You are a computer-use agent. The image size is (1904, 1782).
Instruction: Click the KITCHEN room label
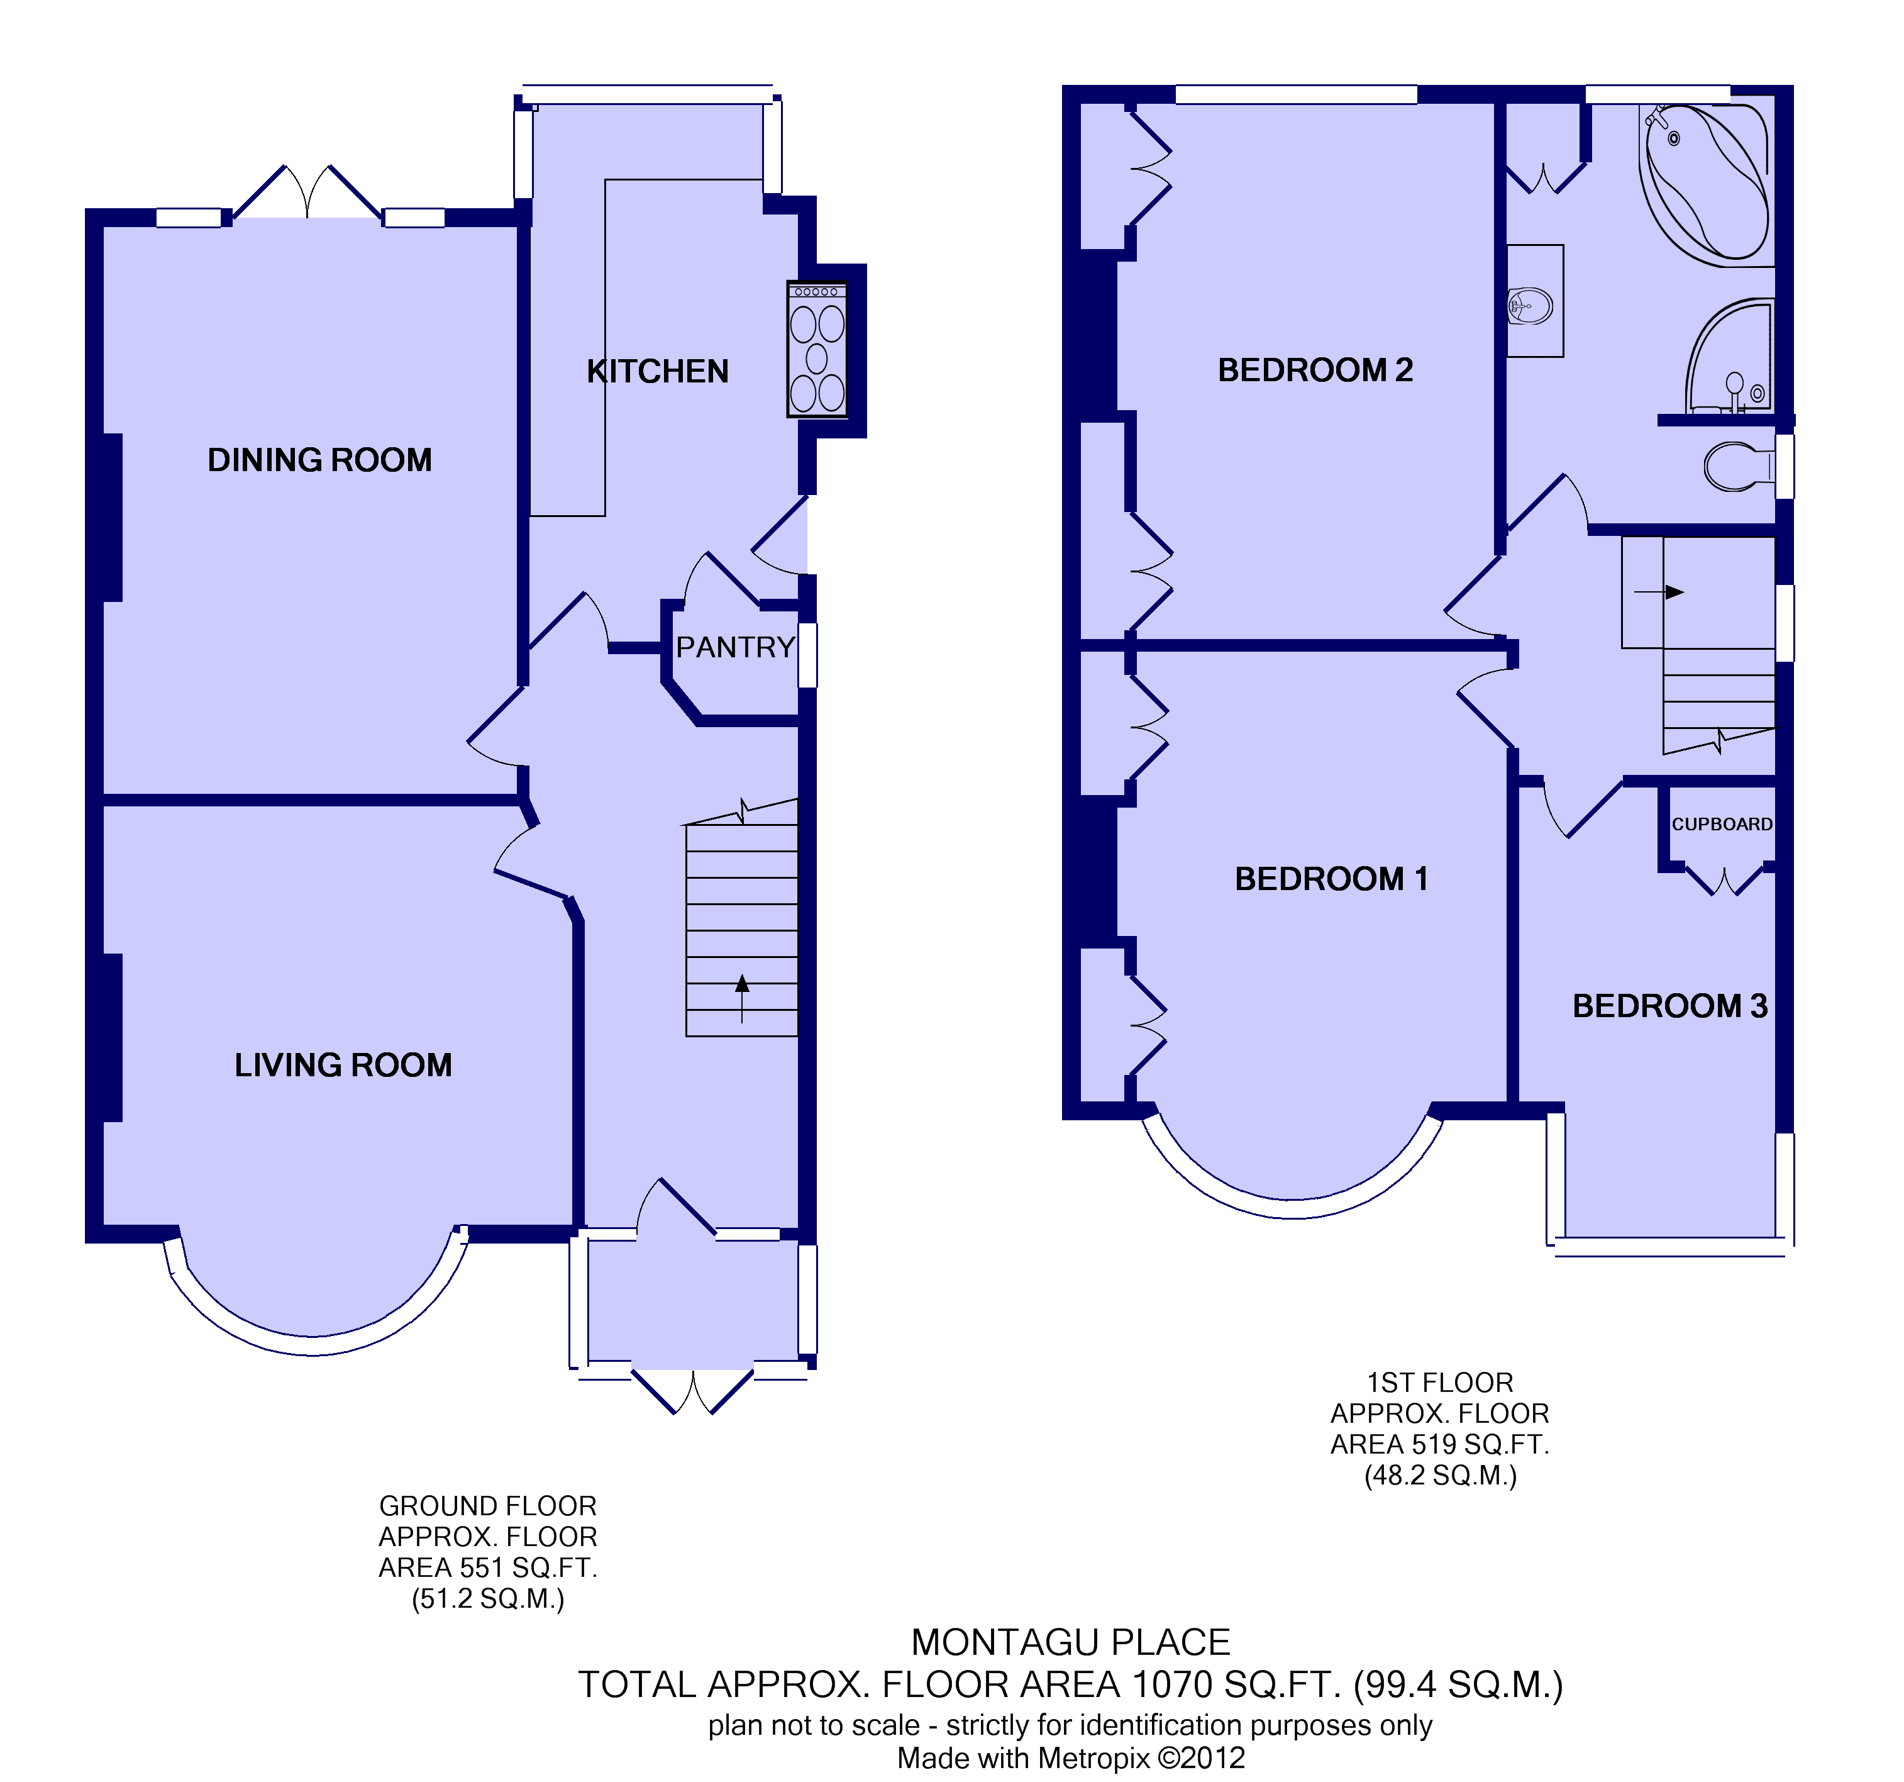tap(658, 372)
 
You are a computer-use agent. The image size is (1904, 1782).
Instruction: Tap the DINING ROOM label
tap(320, 460)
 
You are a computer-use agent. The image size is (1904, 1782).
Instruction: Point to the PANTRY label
tap(736, 648)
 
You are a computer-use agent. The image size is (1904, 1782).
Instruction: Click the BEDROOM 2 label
tap(1315, 370)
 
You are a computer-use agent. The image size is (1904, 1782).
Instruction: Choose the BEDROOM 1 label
tap(1331, 879)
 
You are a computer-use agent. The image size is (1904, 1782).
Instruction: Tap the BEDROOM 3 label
tap(1669, 1006)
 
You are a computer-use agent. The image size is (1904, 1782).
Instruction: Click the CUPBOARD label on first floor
tap(1721, 824)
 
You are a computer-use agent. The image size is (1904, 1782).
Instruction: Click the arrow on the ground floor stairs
tap(742, 998)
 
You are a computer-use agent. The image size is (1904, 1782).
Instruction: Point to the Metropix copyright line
tap(1071, 1757)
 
